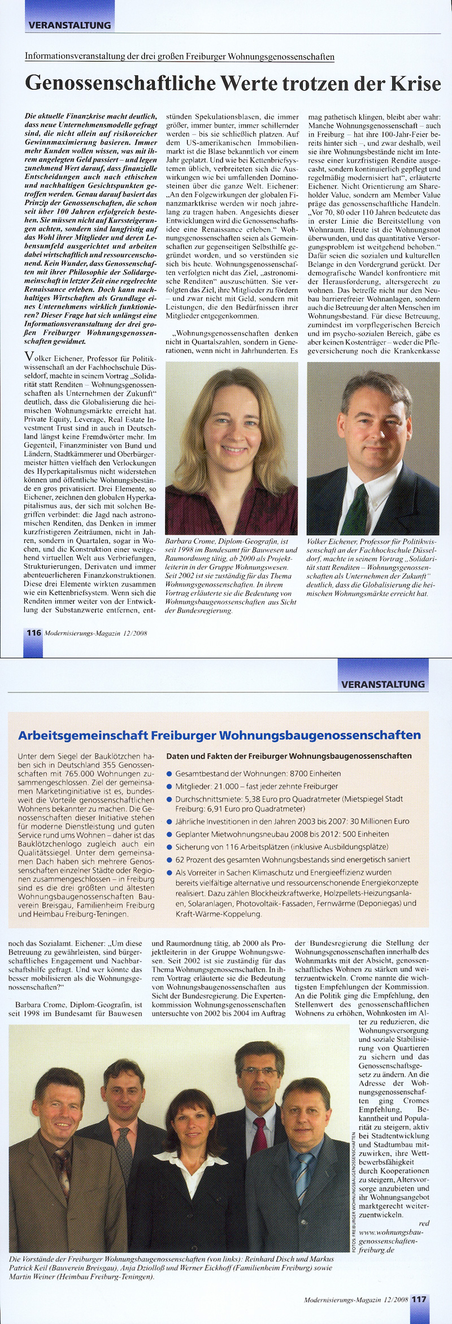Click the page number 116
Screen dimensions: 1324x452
coord(34,632)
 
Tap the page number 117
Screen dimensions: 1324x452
coord(419,1299)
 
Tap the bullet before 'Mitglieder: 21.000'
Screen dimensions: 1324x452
coord(169,786)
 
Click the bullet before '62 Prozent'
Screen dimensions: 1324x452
coord(169,859)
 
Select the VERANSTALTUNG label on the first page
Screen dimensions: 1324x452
coord(69,25)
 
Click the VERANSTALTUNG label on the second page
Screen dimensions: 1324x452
coord(383,684)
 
